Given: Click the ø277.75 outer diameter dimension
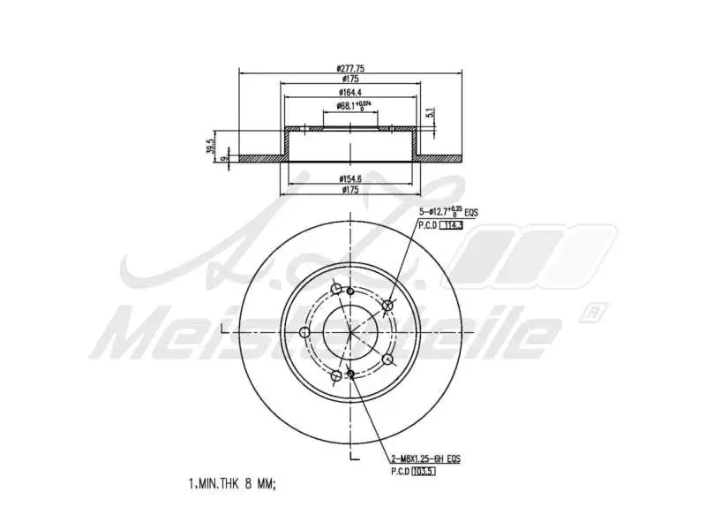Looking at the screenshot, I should click(x=350, y=69).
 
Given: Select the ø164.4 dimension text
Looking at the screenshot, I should click(x=350, y=94).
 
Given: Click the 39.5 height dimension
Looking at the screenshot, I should click(x=210, y=147).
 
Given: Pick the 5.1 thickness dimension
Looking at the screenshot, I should click(x=430, y=114).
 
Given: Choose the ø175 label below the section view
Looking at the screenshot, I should click(x=350, y=189).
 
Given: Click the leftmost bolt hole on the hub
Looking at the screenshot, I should click(x=304, y=333).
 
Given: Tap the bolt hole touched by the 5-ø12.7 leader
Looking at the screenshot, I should click(x=389, y=306).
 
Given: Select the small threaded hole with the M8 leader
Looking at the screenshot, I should click(x=351, y=375).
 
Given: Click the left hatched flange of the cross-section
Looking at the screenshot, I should click(x=260, y=159).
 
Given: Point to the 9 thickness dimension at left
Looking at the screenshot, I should click(x=226, y=159).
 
